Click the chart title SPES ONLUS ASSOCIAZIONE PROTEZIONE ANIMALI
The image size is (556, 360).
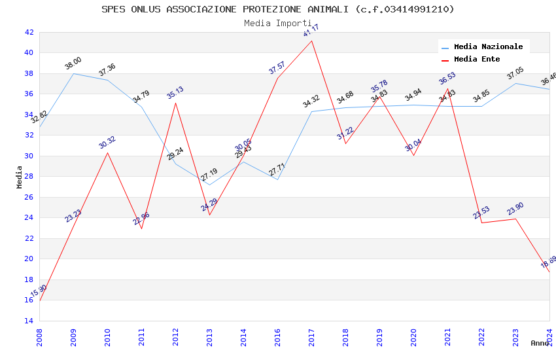pos(277,9)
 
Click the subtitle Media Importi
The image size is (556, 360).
pos(277,23)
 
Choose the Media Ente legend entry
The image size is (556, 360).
pos(477,60)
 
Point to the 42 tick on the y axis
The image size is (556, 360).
pos(29,32)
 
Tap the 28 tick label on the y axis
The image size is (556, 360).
pos(29,177)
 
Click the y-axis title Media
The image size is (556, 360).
pos(20,177)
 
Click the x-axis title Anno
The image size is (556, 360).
pos(540,343)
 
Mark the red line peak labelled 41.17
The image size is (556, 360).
pos(311,41)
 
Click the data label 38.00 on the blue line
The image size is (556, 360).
pos(73,63)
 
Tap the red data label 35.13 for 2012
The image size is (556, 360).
pos(175,92)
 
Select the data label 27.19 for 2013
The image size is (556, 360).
pos(209,175)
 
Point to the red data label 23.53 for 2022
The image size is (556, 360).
pos(481,212)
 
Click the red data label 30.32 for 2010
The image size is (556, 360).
pos(107,142)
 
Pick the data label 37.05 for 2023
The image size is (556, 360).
pos(515,73)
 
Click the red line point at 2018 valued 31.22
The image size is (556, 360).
pos(345,143)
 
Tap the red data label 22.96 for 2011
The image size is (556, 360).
pos(141,218)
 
